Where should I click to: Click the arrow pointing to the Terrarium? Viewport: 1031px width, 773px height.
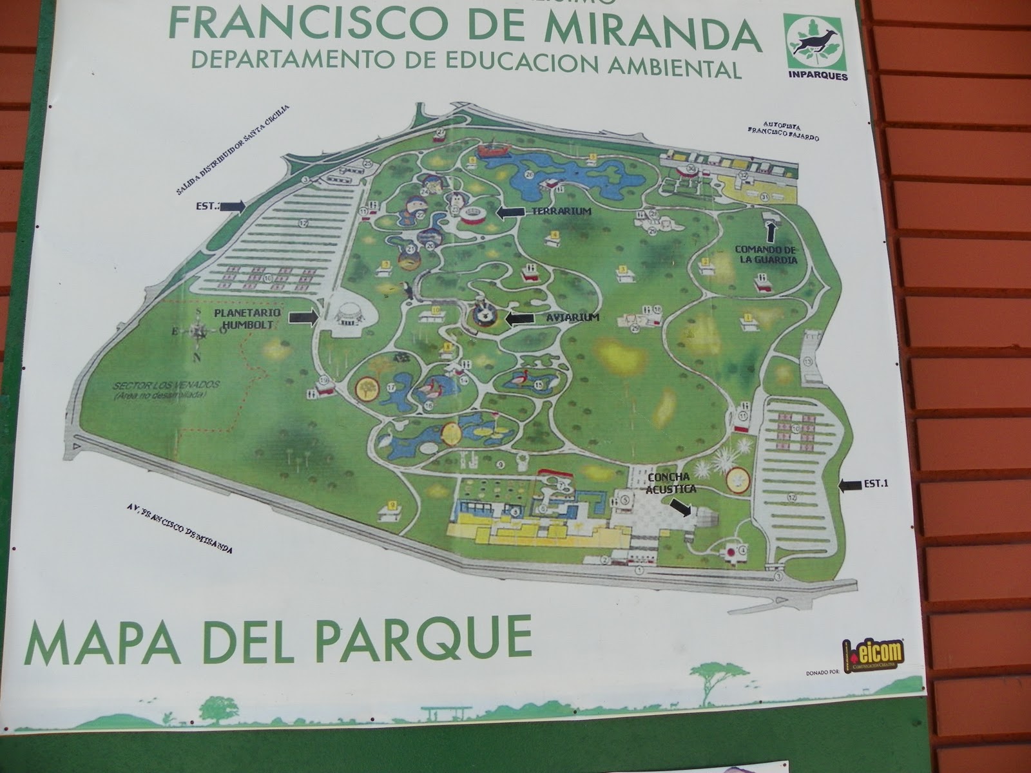pos(512,212)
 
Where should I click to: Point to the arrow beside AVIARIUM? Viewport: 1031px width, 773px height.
pos(521,318)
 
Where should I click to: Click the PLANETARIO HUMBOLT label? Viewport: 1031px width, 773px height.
pos(247,318)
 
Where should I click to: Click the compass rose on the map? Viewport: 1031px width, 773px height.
pos(198,332)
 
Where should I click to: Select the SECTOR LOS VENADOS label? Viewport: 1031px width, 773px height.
pos(167,388)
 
